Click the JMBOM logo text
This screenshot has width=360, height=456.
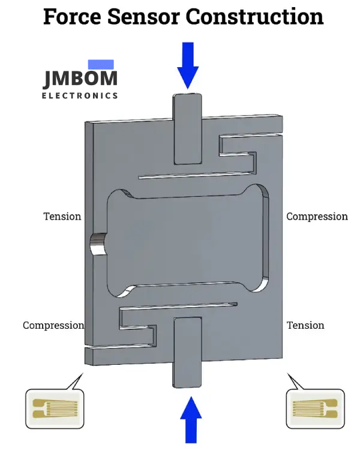(x=80, y=79)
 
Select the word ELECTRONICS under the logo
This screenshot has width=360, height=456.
(x=80, y=95)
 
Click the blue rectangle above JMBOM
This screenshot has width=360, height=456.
(x=101, y=64)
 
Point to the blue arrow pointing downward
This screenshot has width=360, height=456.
(x=188, y=65)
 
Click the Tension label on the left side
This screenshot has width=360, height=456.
(x=62, y=216)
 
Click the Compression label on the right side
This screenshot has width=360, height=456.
(x=317, y=216)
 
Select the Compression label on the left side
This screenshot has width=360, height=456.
(x=53, y=325)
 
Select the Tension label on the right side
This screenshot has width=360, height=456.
(x=305, y=325)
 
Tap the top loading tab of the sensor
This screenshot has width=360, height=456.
(x=188, y=128)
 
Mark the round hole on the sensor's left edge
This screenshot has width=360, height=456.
(x=97, y=246)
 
